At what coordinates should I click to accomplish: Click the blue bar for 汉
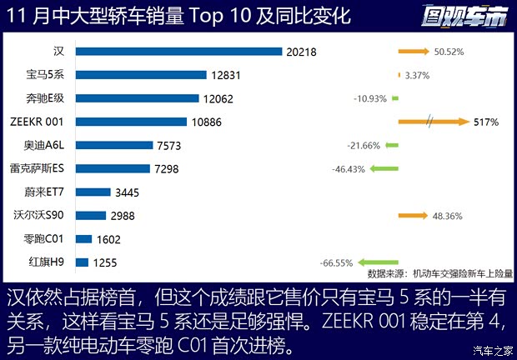pyautogui.click(x=178, y=51)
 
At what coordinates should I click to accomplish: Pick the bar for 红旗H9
pyautogui.click(x=82, y=262)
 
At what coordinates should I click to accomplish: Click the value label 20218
pyautogui.click(x=302, y=52)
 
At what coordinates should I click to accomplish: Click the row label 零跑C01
pyautogui.click(x=44, y=239)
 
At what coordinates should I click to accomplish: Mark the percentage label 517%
pyautogui.click(x=486, y=122)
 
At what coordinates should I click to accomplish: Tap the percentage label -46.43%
pyautogui.click(x=349, y=169)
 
